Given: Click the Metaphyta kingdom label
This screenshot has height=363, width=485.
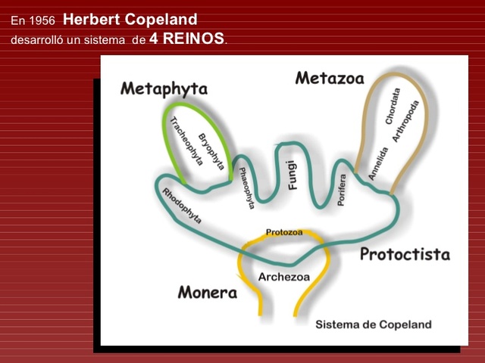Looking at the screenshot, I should pyautogui.click(x=164, y=89).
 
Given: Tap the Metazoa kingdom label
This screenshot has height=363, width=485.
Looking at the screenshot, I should pyautogui.click(x=329, y=78).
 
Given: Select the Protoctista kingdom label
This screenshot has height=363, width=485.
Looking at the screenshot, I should pyautogui.click(x=404, y=254).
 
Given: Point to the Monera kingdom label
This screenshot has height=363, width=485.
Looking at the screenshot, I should pyautogui.click(x=208, y=293).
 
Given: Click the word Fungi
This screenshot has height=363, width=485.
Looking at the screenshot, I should pyautogui.click(x=293, y=175).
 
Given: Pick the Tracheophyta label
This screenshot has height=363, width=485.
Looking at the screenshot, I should pyautogui.click(x=186, y=141).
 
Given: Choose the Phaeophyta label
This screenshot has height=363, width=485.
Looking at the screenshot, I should pyautogui.click(x=246, y=188).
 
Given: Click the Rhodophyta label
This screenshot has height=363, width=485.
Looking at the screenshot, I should pyautogui.click(x=182, y=206).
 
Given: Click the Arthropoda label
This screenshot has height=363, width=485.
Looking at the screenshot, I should pyautogui.click(x=405, y=121).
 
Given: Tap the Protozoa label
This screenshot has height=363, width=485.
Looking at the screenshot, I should pyautogui.click(x=284, y=232).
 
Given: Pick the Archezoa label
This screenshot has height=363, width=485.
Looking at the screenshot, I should pyautogui.click(x=284, y=277).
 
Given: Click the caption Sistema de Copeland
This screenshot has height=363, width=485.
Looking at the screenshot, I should pyautogui.click(x=373, y=324).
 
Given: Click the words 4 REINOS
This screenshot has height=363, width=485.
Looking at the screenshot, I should pyautogui.click(x=187, y=38).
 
